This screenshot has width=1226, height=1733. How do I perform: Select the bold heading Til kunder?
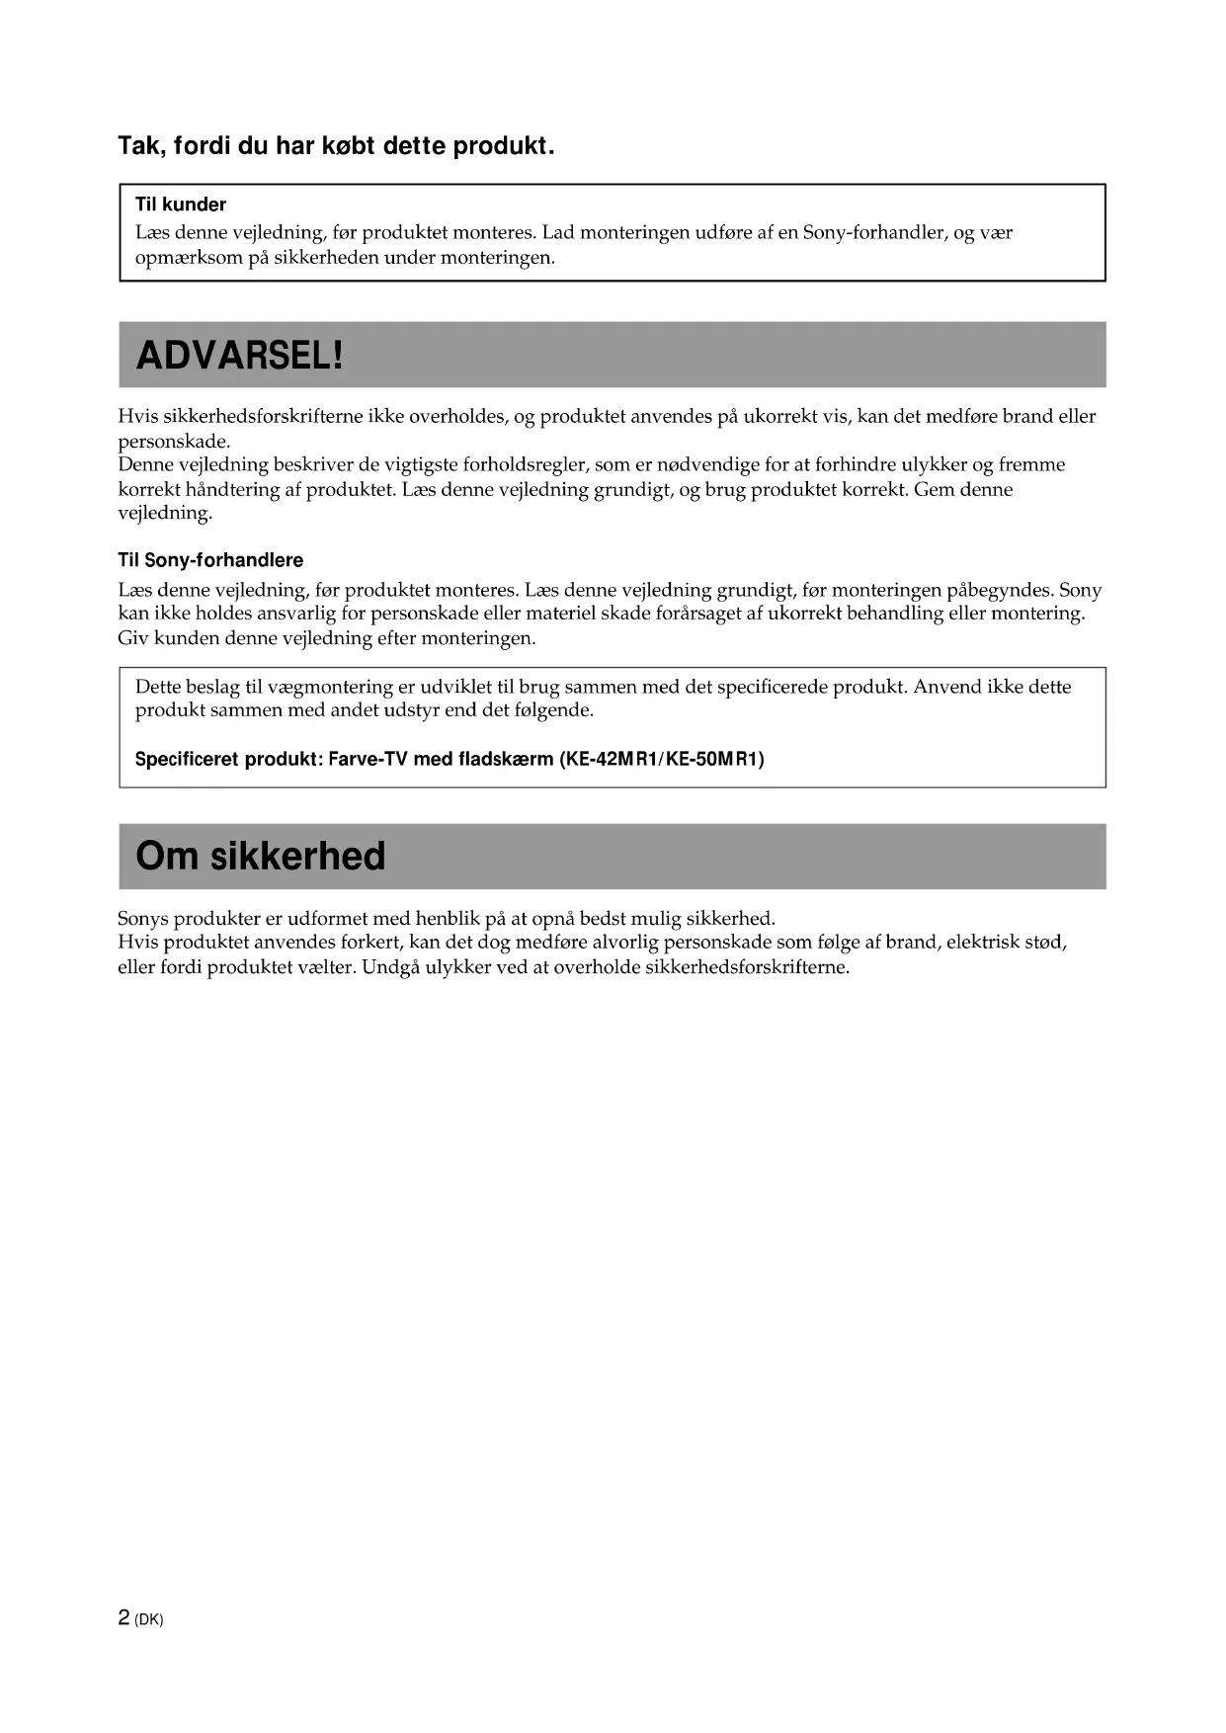click(181, 205)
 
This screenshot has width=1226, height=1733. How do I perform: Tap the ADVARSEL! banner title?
click(240, 355)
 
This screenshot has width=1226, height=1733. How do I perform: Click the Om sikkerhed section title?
click(261, 856)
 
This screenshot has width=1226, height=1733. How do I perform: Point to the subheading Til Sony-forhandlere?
click(210, 560)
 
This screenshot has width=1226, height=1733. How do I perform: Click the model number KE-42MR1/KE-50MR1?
click(662, 759)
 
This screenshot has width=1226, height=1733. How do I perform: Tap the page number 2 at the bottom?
click(123, 1617)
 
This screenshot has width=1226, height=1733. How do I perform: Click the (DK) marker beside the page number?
click(149, 1619)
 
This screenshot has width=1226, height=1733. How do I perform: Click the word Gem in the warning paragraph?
click(932, 489)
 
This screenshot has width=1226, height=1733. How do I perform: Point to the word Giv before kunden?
click(132, 637)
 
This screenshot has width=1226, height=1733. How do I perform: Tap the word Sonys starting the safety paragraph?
click(143, 918)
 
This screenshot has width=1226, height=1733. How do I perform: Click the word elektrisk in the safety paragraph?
click(983, 942)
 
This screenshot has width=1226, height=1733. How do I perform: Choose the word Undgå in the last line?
click(390, 966)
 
